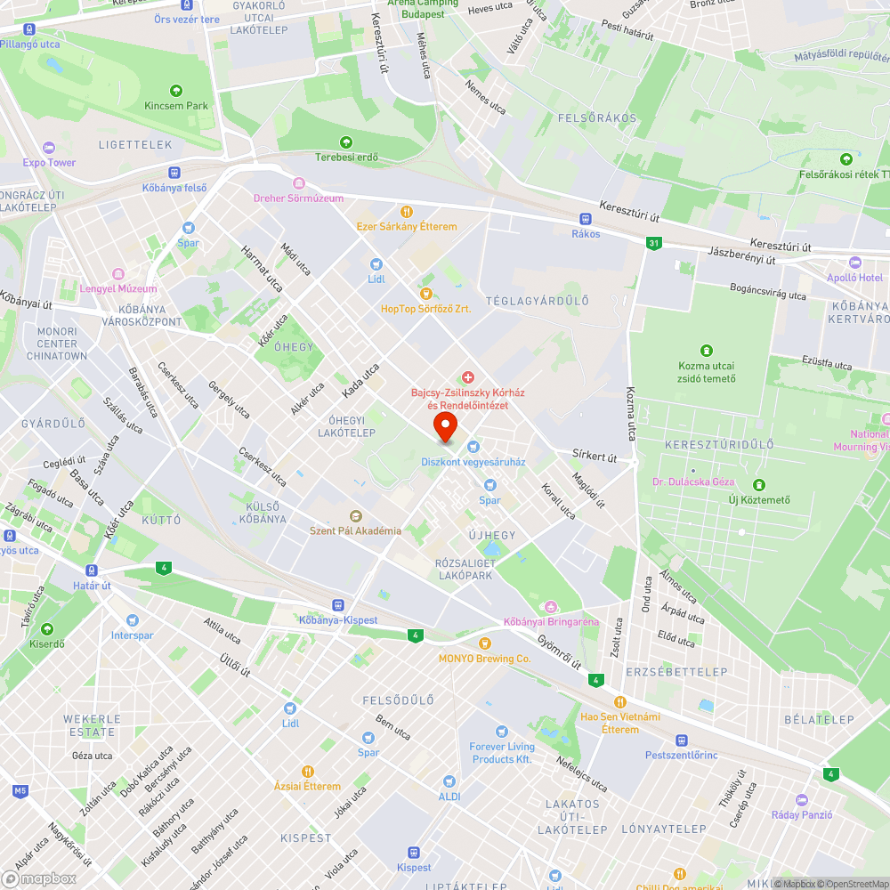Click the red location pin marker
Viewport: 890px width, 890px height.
coord(445,426)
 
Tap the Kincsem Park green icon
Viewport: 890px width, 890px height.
coord(176,90)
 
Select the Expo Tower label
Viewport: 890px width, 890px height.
coord(50,163)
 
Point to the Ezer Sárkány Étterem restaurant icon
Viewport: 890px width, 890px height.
coord(407,212)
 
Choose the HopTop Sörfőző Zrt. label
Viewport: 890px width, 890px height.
coord(425,309)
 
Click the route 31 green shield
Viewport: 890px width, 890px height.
coord(654,243)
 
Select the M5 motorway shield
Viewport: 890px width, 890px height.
coord(20,790)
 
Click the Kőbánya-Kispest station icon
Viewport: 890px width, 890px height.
coord(337,605)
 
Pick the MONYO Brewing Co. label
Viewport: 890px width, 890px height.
coord(484,659)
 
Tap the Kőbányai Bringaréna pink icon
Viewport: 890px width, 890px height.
coord(550,607)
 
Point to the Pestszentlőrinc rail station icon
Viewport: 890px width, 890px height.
coord(682,740)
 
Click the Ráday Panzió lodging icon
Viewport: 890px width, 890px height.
coord(801,800)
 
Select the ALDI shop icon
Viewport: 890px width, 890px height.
coord(449,781)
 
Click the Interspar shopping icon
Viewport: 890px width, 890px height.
coord(133,620)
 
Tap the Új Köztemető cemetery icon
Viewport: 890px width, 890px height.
coord(759,485)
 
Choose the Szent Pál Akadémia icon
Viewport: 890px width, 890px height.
coord(355,516)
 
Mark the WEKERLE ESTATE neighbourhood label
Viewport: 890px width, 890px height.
coord(92,725)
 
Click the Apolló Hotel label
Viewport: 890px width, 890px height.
coord(854,278)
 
